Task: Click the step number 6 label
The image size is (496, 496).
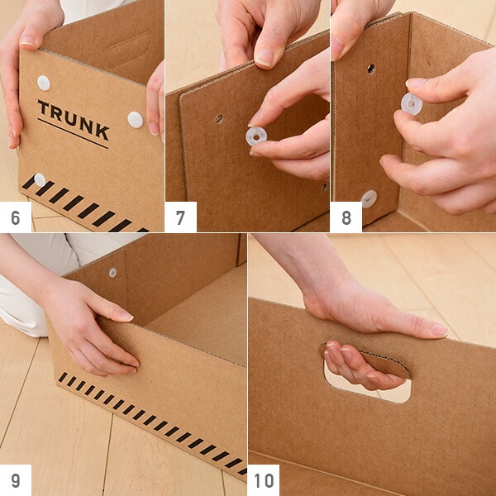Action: click(16, 217)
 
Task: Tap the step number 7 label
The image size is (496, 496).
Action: click(180, 217)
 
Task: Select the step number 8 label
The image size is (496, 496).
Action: click(346, 217)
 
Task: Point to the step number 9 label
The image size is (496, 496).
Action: click(16, 480)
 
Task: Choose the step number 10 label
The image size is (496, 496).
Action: click(265, 480)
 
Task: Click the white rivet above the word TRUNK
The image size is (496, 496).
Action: click(44, 83)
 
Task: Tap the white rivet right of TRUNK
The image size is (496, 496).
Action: click(136, 120)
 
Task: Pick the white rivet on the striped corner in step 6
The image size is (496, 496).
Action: click(40, 180)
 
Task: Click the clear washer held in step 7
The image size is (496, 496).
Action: click(256, 136)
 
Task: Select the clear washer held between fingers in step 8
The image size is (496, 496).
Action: click(412, 104)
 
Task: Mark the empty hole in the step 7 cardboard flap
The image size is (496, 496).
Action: click(219, 119)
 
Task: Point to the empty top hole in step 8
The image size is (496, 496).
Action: click(371, 69)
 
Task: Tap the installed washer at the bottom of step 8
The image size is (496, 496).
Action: click(370, 198)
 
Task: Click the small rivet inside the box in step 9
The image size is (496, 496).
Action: click(113, 273)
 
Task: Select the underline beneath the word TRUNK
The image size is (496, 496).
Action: click(73, 133)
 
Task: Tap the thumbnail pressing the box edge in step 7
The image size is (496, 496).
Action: click(265, 58)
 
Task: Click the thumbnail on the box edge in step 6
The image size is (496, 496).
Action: click(28, 42)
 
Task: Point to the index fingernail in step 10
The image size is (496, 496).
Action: click(440, 331)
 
